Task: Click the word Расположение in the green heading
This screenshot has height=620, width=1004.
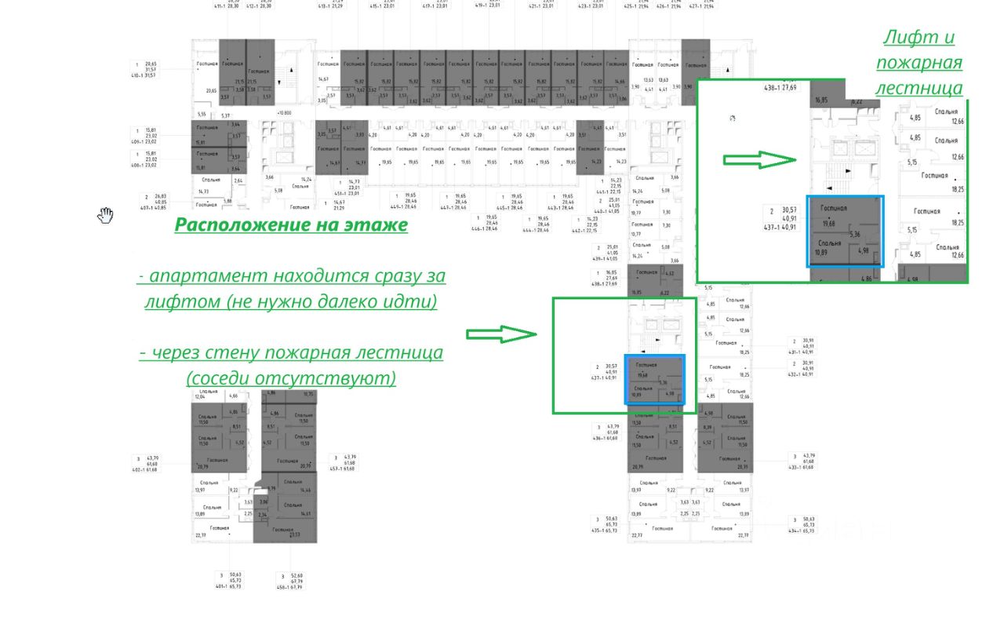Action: click(x=235, y=224)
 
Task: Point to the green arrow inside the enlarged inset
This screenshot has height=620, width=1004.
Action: click(x=758, y=160)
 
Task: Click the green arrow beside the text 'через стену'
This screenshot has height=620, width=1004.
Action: click(x=501, y=334)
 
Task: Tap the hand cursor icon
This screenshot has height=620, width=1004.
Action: click(x=106, y=214)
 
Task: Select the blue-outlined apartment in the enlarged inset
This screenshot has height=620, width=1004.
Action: click(x=846, y=232)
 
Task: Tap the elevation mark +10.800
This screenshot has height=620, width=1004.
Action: click(x=284, y=113)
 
